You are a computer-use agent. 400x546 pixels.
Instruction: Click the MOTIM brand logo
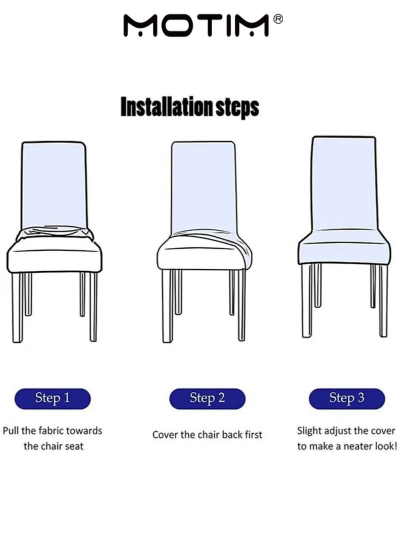tap(196, 25)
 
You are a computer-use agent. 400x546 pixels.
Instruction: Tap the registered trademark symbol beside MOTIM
tap(278, 19)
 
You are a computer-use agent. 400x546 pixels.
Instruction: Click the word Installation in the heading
tap(166, 107)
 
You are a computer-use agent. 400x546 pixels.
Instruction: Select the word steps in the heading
tap(237, 108)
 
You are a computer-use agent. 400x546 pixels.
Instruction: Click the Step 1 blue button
tap(52, 398)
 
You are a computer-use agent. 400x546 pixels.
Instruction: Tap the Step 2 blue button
tap(207, 398)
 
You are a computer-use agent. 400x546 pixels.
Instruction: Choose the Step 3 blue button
tap(347, 398)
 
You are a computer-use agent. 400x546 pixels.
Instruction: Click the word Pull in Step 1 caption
tap(11, 431)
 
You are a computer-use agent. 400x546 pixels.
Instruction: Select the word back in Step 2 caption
tap(232, 434)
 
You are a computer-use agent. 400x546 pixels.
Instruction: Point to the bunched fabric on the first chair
tap(55, 233)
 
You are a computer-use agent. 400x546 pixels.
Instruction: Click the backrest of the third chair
tap(343, 183)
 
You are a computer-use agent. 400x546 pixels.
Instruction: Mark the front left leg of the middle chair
tap(167, 306)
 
